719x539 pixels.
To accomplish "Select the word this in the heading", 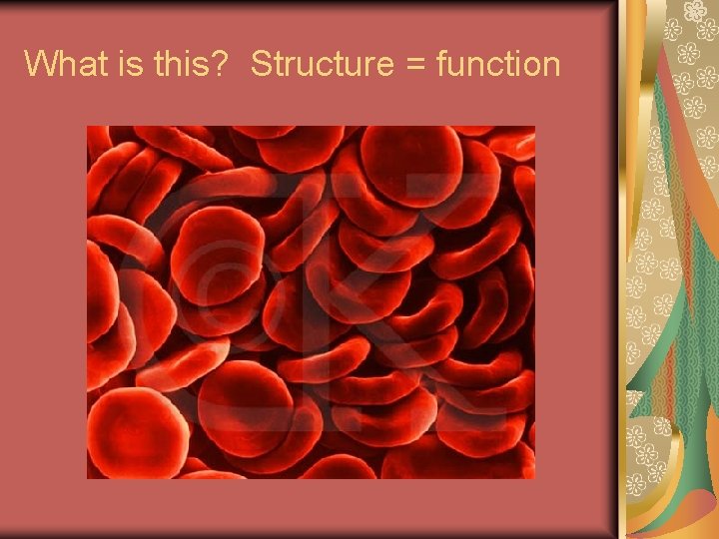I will click(177, 65).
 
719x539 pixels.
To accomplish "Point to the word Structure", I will click(323, 65).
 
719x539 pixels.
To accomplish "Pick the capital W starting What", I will click(40, 65).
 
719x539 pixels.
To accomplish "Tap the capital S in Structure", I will click(261, 65).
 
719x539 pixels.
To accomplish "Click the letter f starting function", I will click(441, 65).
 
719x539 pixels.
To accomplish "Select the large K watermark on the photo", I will click(399, 269).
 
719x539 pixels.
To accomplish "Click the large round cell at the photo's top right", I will click(410, 164).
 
